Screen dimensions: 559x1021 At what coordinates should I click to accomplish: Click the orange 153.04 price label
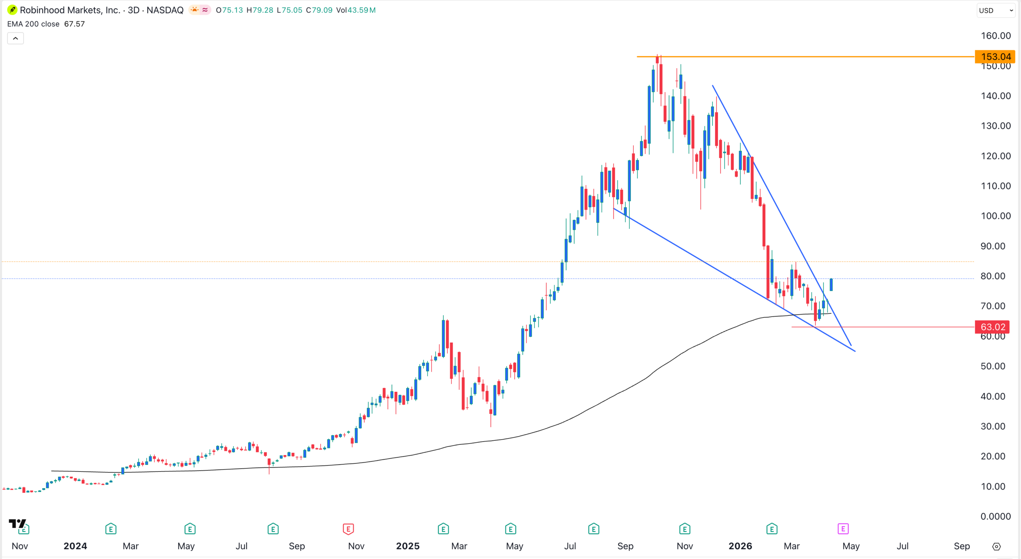[995, 57]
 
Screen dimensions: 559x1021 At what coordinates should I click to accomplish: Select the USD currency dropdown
[995, 10]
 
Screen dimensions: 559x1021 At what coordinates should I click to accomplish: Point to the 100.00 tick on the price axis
[995, 216]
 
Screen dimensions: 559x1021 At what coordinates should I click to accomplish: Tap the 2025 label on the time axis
[407, 546]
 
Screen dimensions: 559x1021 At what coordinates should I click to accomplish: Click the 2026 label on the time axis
[740, 546]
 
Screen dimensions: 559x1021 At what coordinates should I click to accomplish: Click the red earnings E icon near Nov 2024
[348, 529]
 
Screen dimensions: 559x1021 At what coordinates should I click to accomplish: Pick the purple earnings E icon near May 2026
[843, 529]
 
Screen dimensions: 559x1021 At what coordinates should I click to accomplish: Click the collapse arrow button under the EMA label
[16, 38]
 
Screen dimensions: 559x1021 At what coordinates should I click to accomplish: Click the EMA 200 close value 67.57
[74, 24]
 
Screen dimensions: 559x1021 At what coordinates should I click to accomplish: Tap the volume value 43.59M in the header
[361, 10]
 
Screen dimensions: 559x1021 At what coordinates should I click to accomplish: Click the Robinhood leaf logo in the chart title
[12, 10]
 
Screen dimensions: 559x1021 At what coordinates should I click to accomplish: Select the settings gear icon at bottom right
[996, 547]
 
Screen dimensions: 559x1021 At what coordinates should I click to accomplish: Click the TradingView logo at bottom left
[17, 523]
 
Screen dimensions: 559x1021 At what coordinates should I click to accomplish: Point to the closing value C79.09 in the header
[319, 10]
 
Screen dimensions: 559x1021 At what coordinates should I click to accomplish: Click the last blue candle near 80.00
[831, 285]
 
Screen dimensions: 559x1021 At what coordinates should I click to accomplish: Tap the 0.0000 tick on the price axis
[995, 516]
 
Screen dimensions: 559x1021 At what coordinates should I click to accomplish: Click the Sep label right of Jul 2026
[962, 546]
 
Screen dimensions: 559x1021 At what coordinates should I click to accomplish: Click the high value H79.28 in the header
[260, 10]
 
